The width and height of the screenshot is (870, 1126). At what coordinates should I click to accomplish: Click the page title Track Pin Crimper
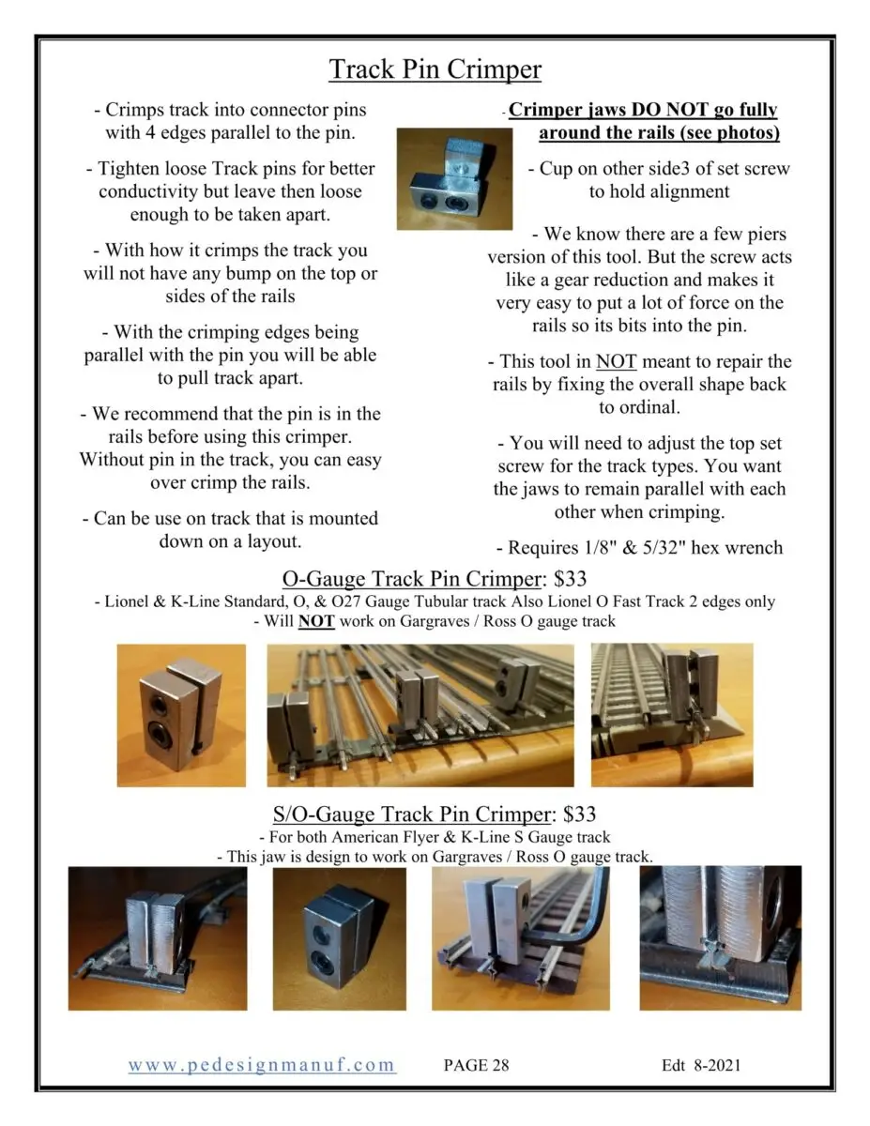point(435,69)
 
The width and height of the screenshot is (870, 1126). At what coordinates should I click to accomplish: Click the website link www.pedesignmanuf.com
point(262,1064)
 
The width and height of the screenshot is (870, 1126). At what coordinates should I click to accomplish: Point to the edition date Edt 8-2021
point(702,1065)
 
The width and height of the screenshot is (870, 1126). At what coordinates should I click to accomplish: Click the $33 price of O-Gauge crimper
point(570,578)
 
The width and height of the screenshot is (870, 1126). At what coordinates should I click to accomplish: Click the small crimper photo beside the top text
point(454,179)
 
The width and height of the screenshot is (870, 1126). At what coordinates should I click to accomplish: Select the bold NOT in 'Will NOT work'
point(316,620)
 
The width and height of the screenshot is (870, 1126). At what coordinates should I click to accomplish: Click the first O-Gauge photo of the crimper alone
point(181,714)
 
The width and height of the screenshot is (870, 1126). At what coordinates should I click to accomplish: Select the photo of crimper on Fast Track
point(671,714)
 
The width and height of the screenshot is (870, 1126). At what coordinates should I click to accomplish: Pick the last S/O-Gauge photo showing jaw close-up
point(720,937)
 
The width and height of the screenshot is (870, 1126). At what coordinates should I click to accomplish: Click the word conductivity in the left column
point(158,191)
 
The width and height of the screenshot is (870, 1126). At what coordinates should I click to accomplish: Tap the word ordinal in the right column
point(639,408)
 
